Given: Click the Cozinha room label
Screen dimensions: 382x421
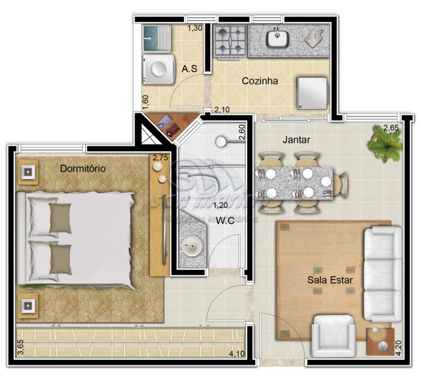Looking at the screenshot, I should coord(260,81).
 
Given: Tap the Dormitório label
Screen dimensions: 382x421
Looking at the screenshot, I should coord(83,169).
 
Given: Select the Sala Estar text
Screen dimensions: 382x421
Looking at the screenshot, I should coord(330,280).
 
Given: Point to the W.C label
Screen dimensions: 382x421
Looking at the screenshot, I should coord(225,220).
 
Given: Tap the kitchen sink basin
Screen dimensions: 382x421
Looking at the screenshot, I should coord(277,39).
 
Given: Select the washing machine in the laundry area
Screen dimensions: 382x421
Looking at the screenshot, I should coord(158,70).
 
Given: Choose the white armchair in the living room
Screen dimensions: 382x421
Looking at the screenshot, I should coord(334,336).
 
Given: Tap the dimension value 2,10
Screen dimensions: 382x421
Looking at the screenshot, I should coord(222,110).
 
